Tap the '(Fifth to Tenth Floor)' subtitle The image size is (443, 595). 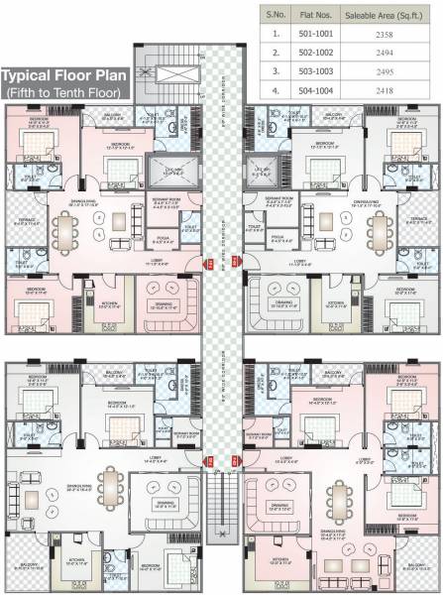tap(61, 91)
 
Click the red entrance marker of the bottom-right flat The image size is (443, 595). tap(235, 459)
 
